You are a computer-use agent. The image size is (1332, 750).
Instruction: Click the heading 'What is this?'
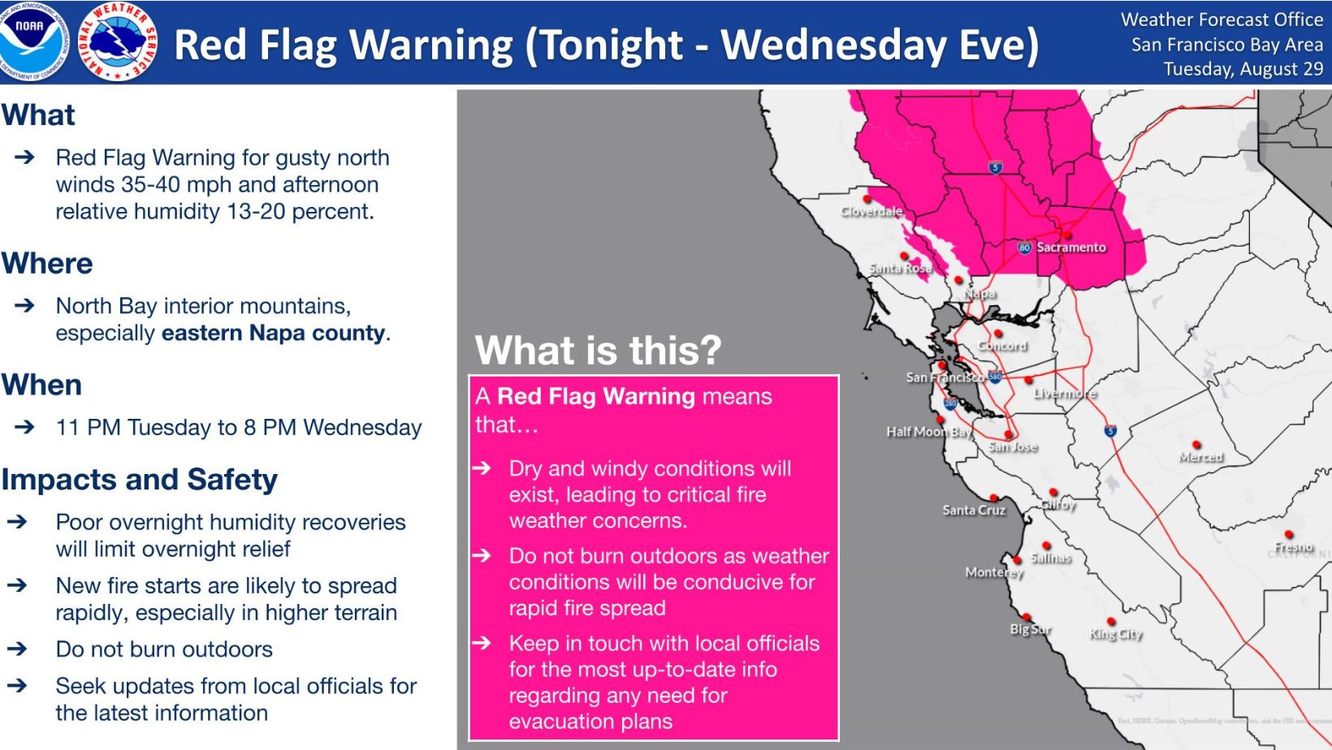pos(598,350)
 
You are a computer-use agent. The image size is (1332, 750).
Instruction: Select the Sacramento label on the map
pos(1070,247)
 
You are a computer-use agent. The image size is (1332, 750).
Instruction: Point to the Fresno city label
pos(1293,547)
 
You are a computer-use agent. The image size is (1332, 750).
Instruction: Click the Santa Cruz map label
pos(973,510)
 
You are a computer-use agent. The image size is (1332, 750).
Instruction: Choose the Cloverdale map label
pos(871,211)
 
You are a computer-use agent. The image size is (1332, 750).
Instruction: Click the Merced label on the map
pos(1200,457)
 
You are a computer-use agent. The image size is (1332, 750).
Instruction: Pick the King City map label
pos(1115,634)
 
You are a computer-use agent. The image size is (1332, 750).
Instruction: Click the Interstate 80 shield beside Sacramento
pos(1024,247)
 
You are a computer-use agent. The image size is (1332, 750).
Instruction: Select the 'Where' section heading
pos(47,264)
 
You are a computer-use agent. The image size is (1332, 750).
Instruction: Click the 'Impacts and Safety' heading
pos(140,480)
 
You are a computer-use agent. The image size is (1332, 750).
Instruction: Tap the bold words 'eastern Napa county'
pos(273,333)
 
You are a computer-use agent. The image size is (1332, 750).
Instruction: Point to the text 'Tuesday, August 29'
pos(1243,69)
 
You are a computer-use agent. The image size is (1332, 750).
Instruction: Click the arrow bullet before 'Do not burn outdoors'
pos(18,649)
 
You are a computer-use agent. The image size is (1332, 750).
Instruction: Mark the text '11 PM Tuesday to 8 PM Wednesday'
pos(239,428)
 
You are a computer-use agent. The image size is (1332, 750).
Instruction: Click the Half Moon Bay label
pos(928,432)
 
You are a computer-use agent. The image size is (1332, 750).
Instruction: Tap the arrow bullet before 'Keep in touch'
pos(482,643)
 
